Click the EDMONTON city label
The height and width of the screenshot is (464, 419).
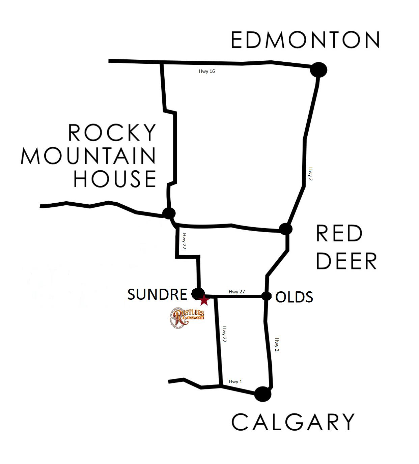(x=306, y=40)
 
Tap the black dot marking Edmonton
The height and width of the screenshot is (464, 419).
(x=318, y=70)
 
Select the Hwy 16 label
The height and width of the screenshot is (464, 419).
(x=207, y=71)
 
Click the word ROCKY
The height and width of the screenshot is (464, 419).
(x=112, y=132)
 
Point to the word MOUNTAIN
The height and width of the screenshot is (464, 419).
(x=88, y=156)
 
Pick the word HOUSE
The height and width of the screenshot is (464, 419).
(x=115, y=179)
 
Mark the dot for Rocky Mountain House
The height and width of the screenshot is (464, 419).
(x=169, y=213)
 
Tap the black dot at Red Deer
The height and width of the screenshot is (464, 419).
(x=286, y=229)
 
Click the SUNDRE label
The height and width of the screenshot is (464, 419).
(x=157, y=294)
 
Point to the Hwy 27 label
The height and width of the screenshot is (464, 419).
(x=236, y=292)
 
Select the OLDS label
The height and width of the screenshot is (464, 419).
(x=294, y=297)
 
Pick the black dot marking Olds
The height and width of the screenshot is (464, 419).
(x=267, y=296)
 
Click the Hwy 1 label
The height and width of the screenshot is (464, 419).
(x=235, y=381)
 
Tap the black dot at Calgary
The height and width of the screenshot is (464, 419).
(x=263, y=394)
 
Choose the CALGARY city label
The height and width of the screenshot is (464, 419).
(x=293, y=422)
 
